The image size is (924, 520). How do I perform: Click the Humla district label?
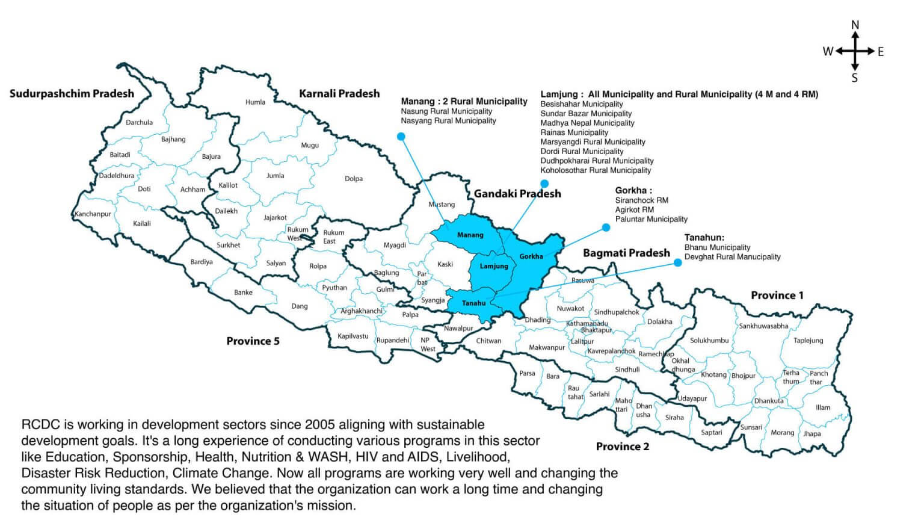point(255,102)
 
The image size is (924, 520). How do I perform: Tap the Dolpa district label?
point(354,179)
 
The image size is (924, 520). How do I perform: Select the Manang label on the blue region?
point(470,235)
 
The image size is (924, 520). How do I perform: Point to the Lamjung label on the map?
point(494,266)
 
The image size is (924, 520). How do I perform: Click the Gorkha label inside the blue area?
point(531,256)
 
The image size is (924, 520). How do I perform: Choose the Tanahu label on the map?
point(473,303)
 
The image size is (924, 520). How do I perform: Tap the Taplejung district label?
point(808,341)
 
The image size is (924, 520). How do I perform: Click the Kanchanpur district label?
point(93,214)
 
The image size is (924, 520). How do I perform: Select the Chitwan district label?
point(488,341)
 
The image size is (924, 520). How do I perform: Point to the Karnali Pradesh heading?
point(339,93)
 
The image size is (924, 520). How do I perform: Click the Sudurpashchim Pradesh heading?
point(72,93)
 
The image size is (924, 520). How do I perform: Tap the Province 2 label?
point(622,447)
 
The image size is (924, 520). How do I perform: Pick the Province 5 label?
point(253,341)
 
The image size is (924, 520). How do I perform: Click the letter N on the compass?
point(855,25)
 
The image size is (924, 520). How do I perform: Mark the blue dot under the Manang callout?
point(401,137)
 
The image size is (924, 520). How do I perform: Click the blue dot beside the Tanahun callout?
point(678,262)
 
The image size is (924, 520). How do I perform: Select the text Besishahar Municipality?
point(582,104)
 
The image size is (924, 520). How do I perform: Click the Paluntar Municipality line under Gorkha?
point(651,219)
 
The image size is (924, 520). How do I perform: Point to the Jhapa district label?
point(812,433)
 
